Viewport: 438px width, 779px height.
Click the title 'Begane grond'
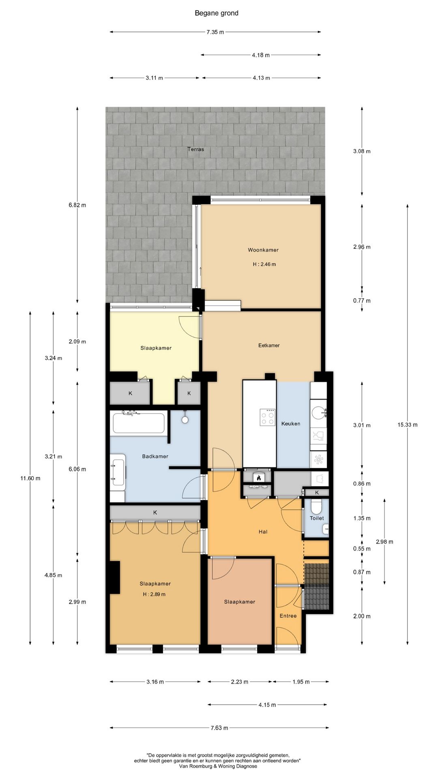217,13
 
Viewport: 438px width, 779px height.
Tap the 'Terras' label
195,149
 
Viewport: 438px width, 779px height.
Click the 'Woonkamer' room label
263,250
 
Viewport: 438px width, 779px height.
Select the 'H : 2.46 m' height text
264,264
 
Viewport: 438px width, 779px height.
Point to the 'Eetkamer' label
269,345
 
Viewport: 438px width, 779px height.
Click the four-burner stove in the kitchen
268,417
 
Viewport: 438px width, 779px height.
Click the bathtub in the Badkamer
138,423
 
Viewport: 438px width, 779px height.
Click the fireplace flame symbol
258,478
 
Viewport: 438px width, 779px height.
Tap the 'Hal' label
263,532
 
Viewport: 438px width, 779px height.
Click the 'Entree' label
288,615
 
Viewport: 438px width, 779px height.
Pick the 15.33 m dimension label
407,425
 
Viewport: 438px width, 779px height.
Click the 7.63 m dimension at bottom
219,728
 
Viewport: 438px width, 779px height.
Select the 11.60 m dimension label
30,478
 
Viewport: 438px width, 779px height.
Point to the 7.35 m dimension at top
215,32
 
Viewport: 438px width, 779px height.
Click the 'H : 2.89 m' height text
154,594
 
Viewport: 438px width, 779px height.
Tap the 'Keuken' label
291,424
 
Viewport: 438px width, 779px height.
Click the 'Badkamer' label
155,456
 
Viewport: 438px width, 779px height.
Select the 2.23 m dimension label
239,682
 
